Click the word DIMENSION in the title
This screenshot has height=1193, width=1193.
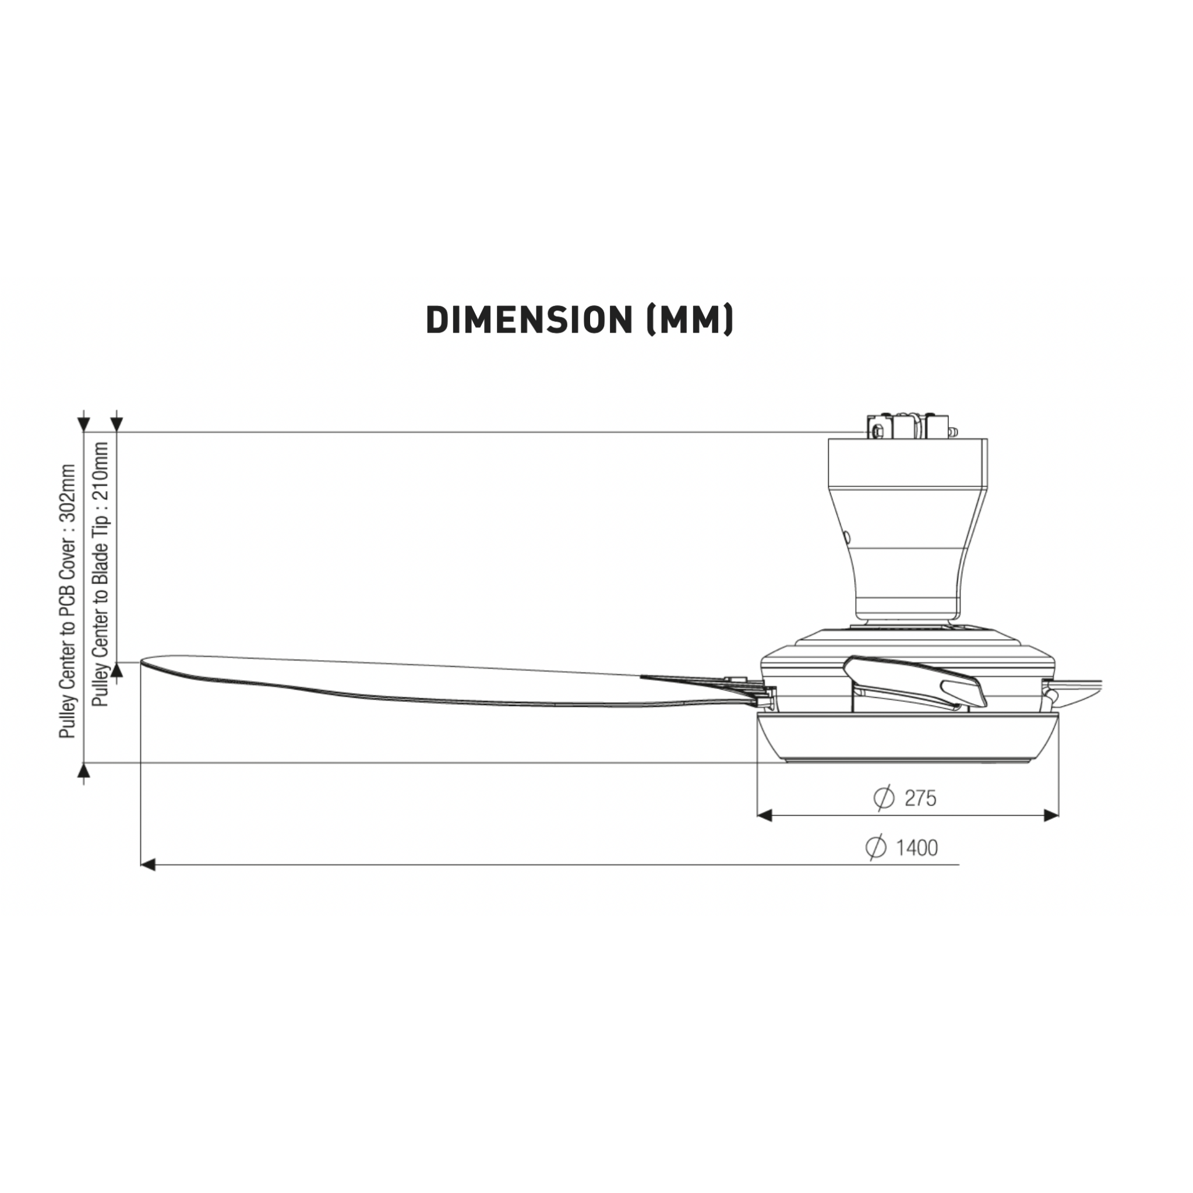point(529,320)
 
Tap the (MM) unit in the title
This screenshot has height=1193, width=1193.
point(689,320)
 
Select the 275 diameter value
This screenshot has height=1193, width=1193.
point(920,799)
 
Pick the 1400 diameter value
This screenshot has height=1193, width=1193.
point(917,848)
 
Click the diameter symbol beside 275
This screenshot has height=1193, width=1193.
point(884,798)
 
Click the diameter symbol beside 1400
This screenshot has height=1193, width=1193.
point(876,848)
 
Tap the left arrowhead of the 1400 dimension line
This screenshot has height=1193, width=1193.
point(147,864)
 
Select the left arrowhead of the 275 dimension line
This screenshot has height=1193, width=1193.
point(764,816)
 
